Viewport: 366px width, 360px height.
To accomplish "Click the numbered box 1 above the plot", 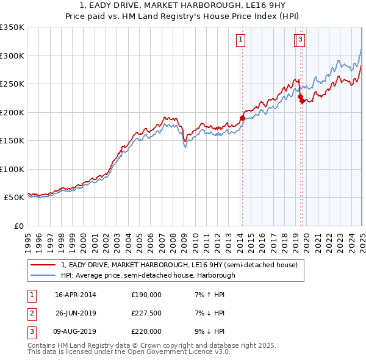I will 241,40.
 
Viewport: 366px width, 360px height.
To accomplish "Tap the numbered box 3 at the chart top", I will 301,40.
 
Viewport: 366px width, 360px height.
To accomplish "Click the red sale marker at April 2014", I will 242,118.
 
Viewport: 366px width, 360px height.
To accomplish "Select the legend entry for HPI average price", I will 148,275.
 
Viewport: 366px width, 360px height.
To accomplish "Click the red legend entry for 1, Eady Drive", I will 179,265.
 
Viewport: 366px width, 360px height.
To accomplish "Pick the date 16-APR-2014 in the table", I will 76,295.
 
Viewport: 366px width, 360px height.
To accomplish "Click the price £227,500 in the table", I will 146,313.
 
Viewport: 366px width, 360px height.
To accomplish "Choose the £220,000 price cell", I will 146,331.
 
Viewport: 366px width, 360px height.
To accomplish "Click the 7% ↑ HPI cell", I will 208,295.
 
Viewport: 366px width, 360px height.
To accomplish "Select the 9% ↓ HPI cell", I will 208,331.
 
